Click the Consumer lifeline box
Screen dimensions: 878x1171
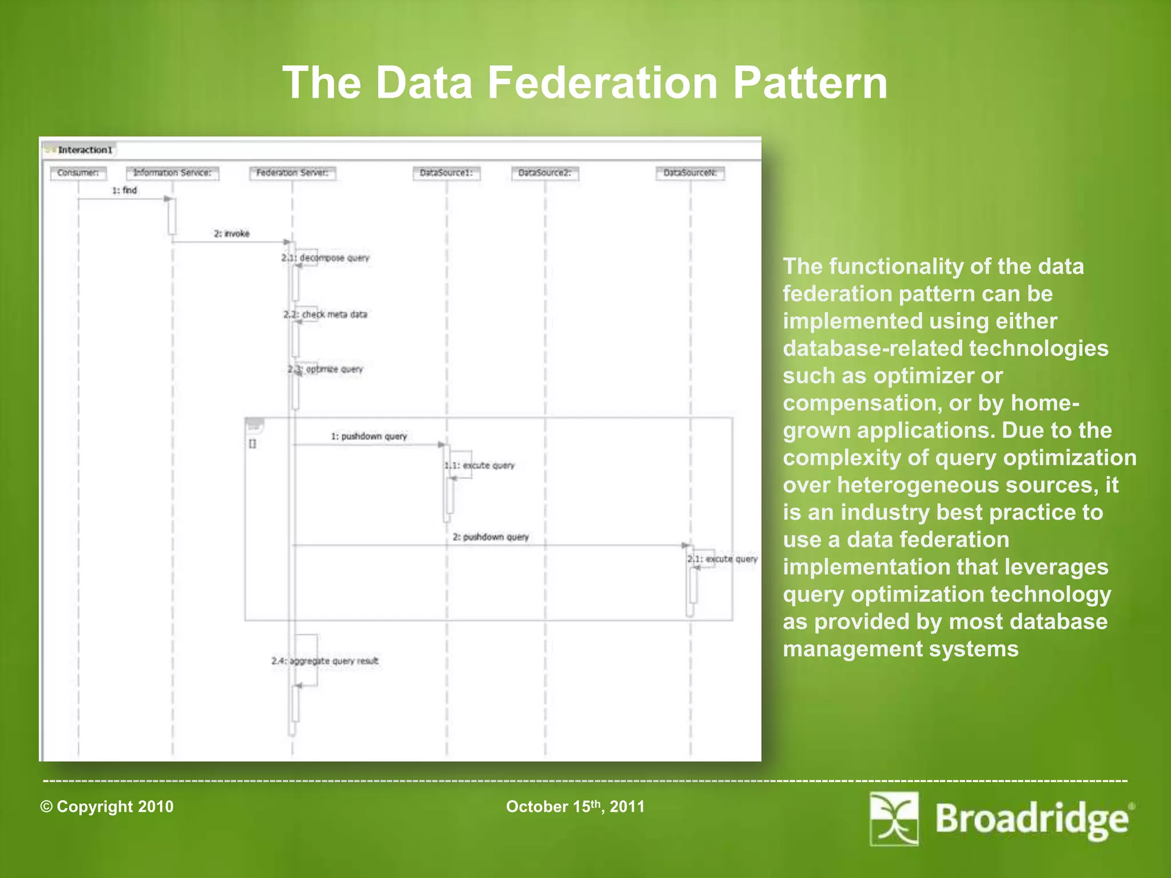(x=78, y=173)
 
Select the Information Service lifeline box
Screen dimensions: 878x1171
(x=172, y=173)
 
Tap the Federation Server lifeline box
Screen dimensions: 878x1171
(x=292, y=173)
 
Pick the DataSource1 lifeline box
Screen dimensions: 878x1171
(x=447, y=173)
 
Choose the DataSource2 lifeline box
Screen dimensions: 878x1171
(x=545, y=173)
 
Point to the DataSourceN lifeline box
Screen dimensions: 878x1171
(x=690, y=173)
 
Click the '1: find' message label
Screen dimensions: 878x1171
(x=125, y=190)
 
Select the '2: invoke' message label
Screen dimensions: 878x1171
(x=232, y=234)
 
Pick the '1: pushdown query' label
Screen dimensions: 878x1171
(x=369, y=436)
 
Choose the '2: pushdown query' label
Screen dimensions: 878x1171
(x=491, y=537)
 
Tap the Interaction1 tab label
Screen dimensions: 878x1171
(x=85, y=150)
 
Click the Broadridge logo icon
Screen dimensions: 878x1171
(x=894, y=819)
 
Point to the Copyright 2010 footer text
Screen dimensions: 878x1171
(x=107, y=807)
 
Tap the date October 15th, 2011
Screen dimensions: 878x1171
(x=575, y=807)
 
